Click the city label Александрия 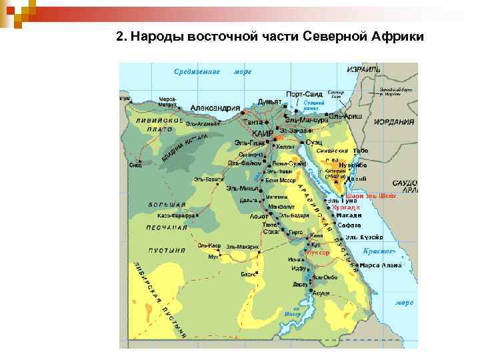(215, 108)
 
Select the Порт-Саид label (304, 94)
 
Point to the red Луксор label (317, 253)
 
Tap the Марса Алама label (381, 265)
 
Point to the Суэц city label (314, 142)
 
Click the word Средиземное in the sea (197, 71)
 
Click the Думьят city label (269, 101)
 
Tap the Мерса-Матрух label (168, 101)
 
